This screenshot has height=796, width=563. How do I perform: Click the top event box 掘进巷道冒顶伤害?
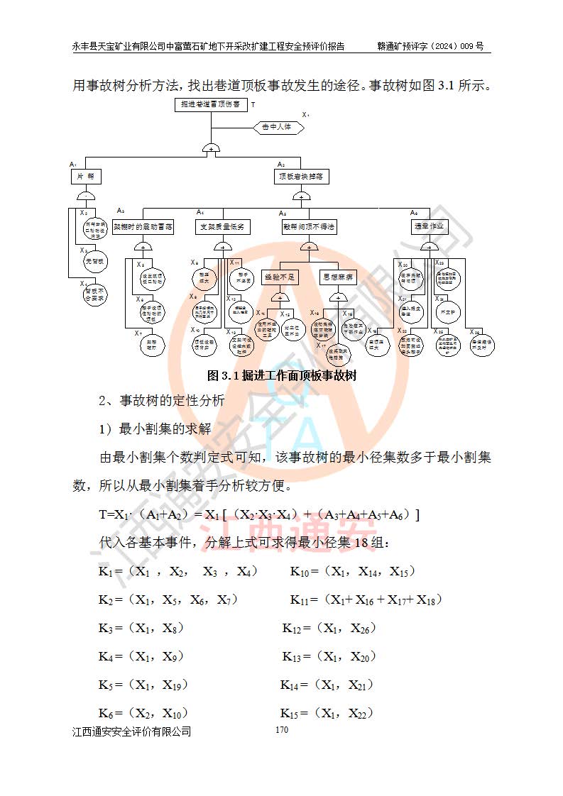212,105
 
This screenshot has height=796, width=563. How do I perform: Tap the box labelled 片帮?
86,175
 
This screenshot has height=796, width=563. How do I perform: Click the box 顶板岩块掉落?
302,175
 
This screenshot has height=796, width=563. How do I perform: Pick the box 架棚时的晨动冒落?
143,227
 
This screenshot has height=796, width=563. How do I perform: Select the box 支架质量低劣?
223,227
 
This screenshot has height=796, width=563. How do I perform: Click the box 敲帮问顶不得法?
308,227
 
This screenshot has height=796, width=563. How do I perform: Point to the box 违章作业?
429,227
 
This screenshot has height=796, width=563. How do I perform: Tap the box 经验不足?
280,277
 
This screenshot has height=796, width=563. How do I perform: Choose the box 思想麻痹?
338,277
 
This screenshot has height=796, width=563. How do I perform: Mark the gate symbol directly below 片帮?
86,196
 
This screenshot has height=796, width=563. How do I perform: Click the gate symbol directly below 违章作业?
429,246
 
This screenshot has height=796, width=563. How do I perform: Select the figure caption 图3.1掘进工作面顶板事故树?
281,376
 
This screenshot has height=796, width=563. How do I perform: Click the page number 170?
281,729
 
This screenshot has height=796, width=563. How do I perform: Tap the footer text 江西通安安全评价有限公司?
132,731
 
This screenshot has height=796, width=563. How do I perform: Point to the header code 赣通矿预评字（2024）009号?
430,47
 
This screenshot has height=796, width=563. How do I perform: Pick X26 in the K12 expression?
361,629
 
